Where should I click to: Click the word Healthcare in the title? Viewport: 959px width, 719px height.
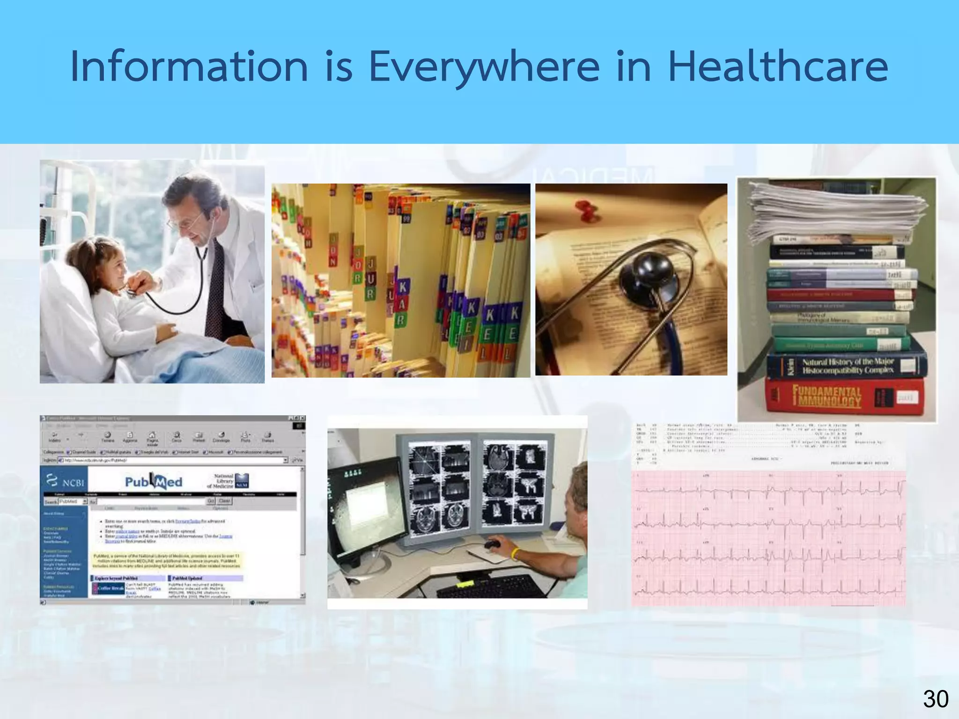point(778,66)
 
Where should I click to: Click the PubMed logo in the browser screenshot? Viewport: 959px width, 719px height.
point(154,482)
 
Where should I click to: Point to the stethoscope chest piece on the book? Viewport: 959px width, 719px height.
point(649,276)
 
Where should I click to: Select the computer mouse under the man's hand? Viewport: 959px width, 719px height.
point(492,545)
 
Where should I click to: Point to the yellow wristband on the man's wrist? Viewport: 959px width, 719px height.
point(516,554)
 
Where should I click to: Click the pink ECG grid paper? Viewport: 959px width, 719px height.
point(768,538)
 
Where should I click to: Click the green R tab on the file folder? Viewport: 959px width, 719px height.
point(401,320)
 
